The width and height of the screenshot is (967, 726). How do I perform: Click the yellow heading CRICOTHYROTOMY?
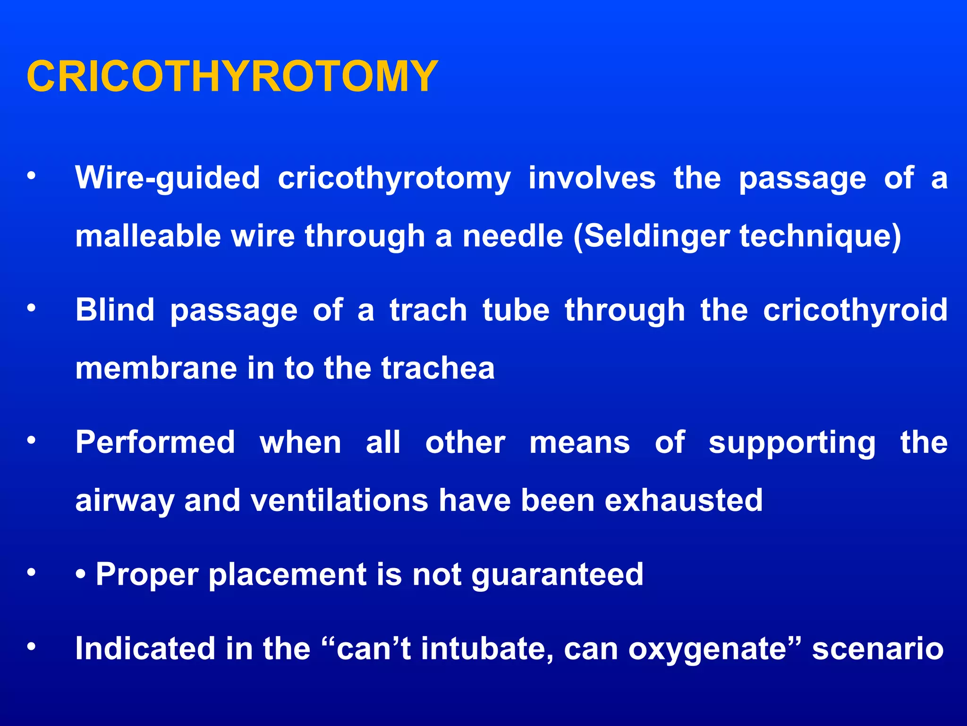tap(232, 76)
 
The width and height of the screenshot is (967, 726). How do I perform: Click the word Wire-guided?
tap(168, 178)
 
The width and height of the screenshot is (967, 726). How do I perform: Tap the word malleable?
tap(148, 236)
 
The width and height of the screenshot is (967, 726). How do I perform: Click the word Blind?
tap(115, 310)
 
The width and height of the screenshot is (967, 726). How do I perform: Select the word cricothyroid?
tap(855, 311)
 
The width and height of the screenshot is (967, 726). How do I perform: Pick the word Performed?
tap(155, 442)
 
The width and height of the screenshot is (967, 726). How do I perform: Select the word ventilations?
tap(339, 501)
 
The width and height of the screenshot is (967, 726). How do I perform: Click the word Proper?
tap(147, 575)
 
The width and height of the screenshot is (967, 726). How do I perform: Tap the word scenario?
tap(878, 648)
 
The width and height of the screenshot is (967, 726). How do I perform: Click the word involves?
tap(592, 178)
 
